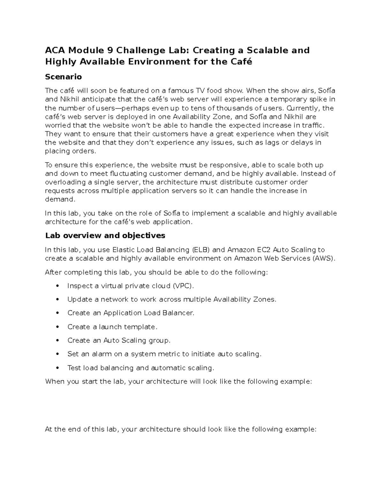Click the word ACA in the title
click(x=55, y=50)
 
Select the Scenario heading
click(x=64, y=77)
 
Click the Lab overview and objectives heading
click(x=105, y=235)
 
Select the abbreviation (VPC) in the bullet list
click(x=183, y=286)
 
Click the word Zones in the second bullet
click(x=265, y=299)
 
